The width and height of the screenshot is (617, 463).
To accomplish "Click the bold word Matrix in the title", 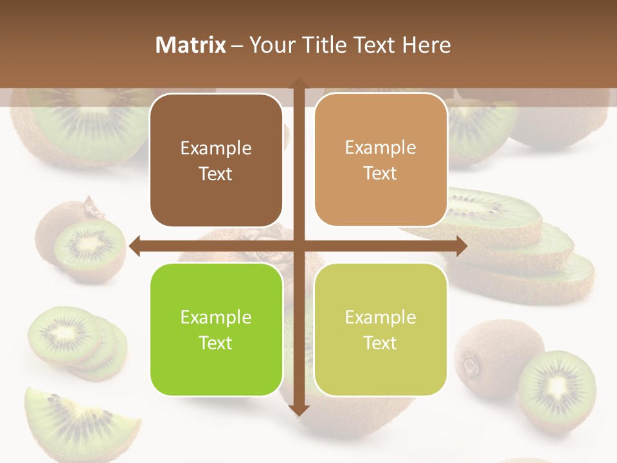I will tap(191, 45).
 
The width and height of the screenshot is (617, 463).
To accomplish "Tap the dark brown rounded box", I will tap(216, 160).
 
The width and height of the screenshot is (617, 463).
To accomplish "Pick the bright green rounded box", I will tap(216, 329).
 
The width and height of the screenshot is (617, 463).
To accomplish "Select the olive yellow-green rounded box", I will tap(380, 329).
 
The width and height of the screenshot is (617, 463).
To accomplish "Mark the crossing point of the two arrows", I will tap(298, 246).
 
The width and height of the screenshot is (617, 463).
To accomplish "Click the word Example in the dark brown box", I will tap(216, 149).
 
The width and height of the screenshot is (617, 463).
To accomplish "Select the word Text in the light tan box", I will tap(380, 174).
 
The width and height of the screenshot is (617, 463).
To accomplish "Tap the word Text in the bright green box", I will tap(216, 343).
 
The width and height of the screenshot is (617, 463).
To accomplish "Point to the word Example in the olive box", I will tap(380, 317).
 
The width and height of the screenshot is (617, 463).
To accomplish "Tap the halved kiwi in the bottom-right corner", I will tap(557, 389).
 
